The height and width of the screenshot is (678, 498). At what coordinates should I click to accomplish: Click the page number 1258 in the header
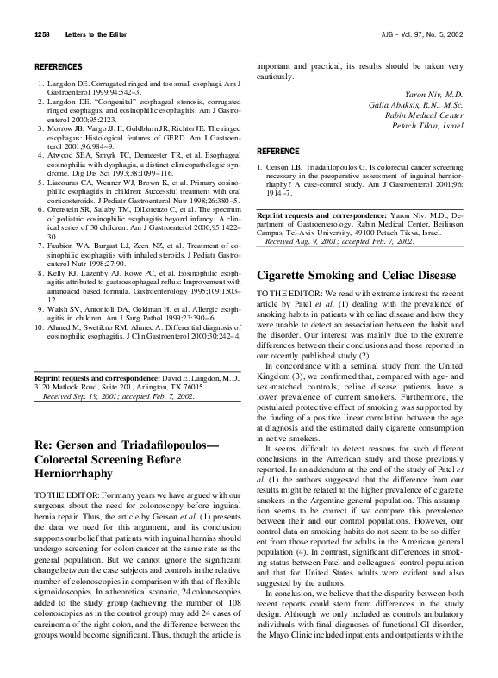[42, 34]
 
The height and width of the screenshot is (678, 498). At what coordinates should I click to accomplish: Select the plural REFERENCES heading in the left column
[59, 66]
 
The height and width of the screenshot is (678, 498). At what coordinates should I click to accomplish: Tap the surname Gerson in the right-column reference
[285, 165]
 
